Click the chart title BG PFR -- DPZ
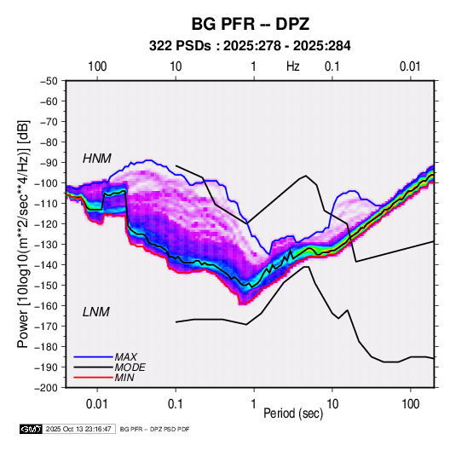point(250,24)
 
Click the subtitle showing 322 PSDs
point(250,46)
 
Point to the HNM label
point(97,159)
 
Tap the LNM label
point(96,312)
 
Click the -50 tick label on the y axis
point(49,81)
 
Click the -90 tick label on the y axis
point(49,163)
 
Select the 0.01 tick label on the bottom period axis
point(97,404)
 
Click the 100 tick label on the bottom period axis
point(410,404)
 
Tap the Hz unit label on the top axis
point(293,66)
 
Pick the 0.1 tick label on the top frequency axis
point(332,66)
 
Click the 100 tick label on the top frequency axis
point(97,66)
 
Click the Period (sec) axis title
point(293,413)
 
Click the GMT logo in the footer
point(31,429)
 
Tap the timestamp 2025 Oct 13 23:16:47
point(78,429)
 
